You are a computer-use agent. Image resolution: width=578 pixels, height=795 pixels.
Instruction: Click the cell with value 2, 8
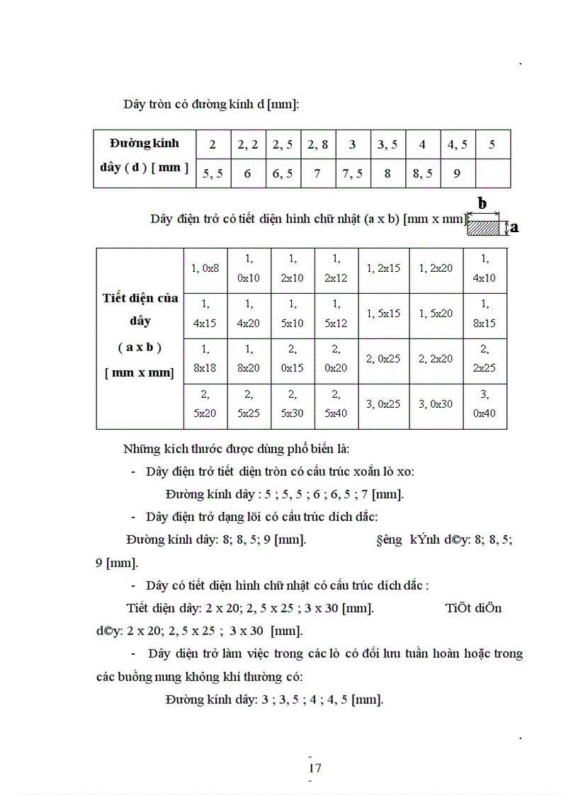coord(317,145)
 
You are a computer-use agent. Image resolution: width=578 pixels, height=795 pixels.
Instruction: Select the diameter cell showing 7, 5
coord(352,173)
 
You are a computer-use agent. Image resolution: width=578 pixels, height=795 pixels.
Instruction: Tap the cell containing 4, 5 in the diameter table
coord(457,145)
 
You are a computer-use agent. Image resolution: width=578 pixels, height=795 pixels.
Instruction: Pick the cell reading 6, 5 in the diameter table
coord(283,173)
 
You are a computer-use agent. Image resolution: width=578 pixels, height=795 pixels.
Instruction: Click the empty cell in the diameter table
coord(492,173)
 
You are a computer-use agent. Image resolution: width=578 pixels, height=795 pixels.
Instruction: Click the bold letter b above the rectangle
coord(482,204)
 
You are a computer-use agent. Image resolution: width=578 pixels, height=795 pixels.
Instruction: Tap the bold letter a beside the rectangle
coord(514,227)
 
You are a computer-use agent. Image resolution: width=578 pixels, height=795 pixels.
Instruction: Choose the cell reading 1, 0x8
coord(205,268)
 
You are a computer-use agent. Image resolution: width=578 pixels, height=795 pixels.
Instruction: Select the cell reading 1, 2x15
coord(383,268)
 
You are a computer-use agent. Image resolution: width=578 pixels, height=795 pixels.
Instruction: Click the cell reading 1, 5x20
coord(436,314)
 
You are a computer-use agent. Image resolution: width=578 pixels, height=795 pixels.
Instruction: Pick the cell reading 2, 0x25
coord(383,359)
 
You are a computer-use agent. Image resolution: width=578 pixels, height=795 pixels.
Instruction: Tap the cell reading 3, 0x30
coord(436,404)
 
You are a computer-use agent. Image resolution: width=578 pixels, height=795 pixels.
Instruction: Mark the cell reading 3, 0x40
coord(484,404)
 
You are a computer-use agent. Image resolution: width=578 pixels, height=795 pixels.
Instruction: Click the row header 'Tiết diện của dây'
coord(140,309)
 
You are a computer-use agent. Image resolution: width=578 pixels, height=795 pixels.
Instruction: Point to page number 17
coord(316,768)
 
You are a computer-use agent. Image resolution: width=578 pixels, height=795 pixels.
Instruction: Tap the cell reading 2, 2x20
coord(436,359)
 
